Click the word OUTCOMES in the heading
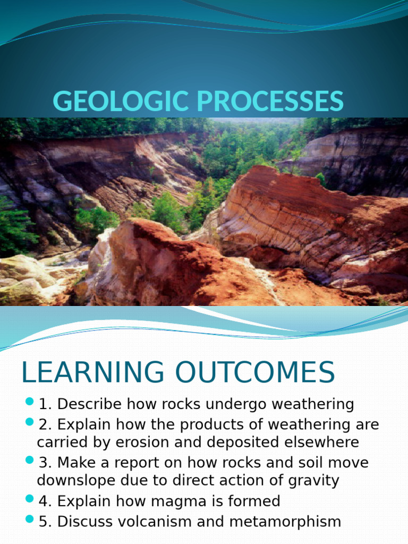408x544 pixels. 253,372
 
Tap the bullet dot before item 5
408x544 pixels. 29,518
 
